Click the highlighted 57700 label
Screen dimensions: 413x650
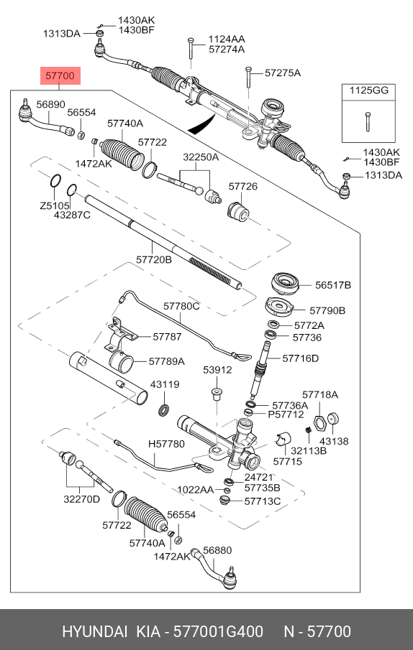(x=60, y=76)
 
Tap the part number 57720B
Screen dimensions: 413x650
(x=153, y=259)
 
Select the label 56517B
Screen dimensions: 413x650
(x=333, y=285)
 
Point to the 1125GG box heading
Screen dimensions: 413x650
(x=368, y=90)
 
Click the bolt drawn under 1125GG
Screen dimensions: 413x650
(x=368, y=121)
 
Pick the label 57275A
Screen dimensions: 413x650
(x=283, y=73)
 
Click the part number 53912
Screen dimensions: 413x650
(x=217, y=369)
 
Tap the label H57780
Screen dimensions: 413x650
(x=166, y=444)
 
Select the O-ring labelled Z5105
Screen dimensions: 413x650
(x=55, y=181)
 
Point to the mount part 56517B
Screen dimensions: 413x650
(x=285, y=284)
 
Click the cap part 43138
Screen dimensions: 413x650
(x=334, y=419)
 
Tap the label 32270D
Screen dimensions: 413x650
(x=82, y=499)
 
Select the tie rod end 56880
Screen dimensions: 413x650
(x=214, y=568)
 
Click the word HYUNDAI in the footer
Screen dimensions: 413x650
(x=95, y=632)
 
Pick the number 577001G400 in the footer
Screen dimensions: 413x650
(x=218, y=632)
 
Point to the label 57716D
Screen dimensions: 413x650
(x=301, y=358)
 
